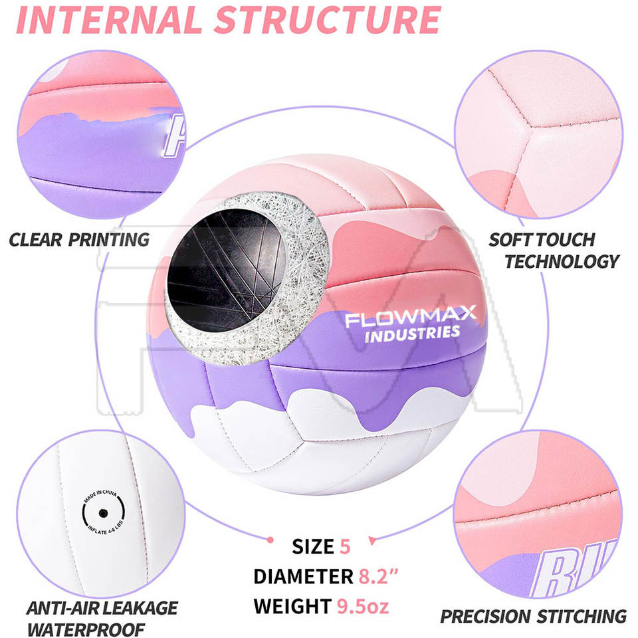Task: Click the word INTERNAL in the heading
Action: pos(109,20)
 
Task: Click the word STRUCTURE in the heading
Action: pos(328,20)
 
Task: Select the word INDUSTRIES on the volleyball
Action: pos(411,332)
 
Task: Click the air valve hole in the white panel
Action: pos(103,513)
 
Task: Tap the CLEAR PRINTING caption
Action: pos(79,239)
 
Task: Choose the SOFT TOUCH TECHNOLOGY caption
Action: pos(552,250)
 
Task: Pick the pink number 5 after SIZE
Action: pos(344,546)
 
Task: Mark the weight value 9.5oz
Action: pos(362,605)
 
